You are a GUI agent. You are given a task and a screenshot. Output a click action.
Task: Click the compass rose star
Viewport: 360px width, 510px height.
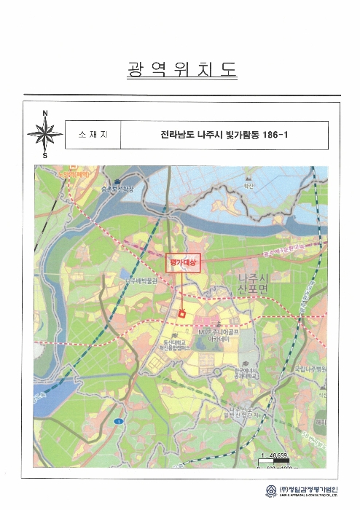point(44,134)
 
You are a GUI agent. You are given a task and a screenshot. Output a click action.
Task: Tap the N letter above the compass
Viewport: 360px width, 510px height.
point(44,113)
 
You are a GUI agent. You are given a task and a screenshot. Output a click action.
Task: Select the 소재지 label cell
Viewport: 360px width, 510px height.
point(91,135)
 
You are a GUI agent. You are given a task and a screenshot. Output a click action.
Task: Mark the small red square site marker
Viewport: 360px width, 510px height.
point(181,313)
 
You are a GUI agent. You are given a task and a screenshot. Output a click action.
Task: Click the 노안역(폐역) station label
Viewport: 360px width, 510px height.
point(74,175)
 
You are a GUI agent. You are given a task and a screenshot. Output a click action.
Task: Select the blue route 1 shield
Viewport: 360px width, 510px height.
point(116,423)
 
